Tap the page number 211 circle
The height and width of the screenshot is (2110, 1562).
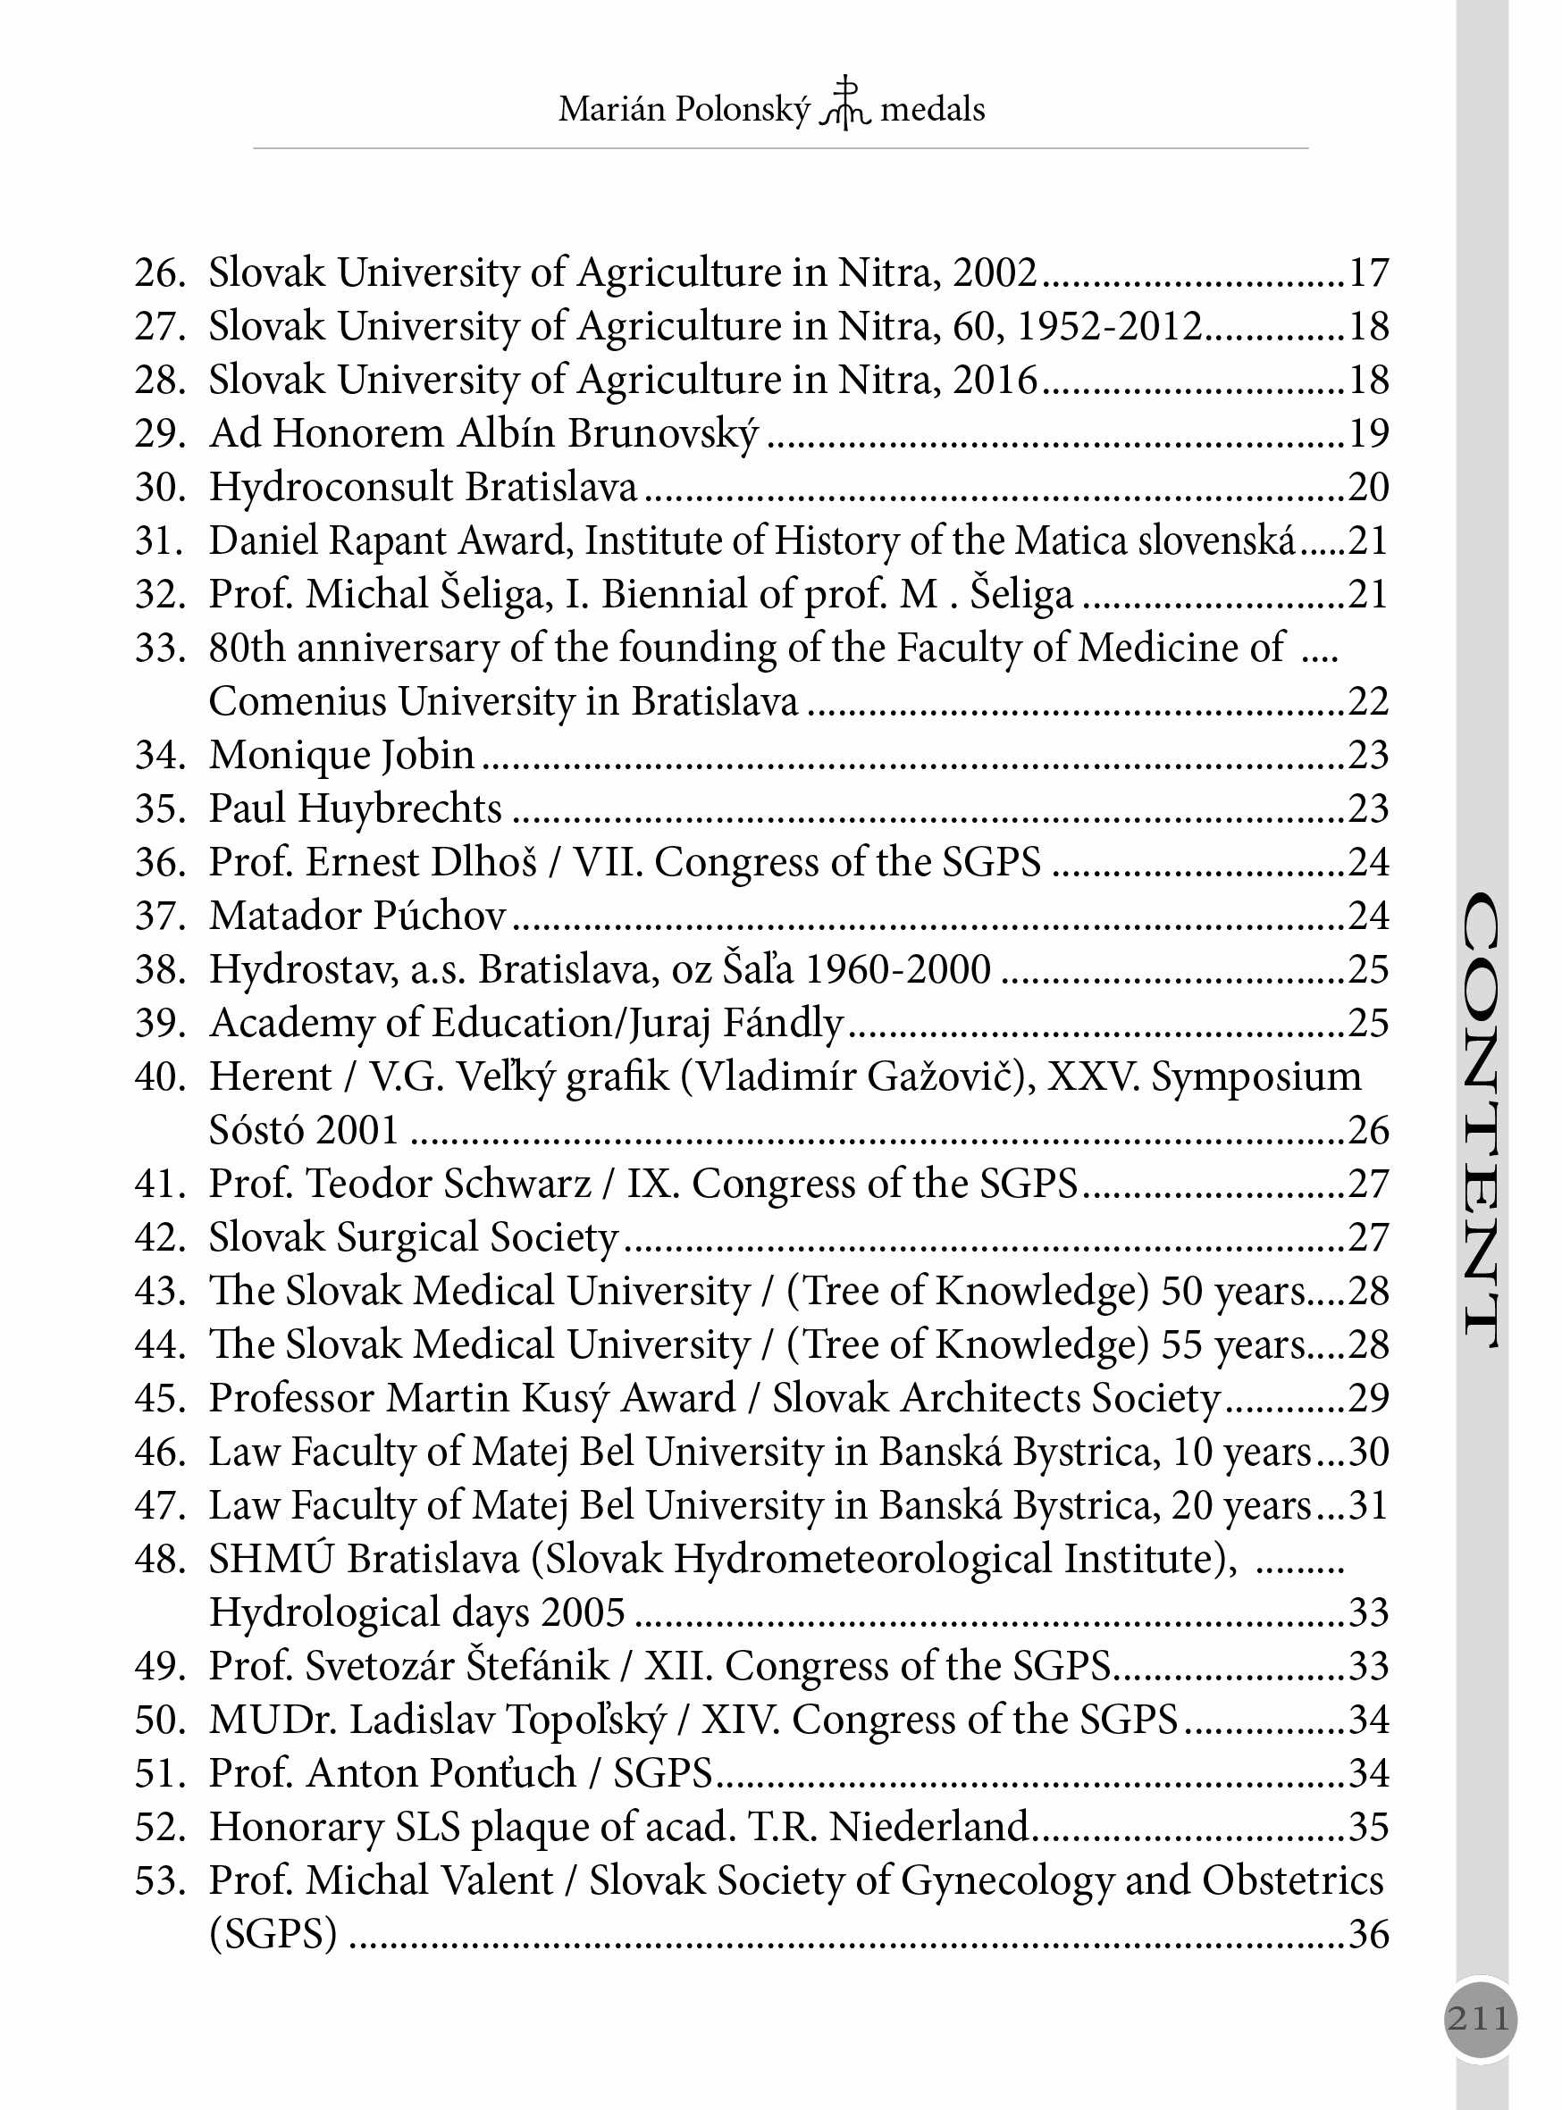coord(1480,2018)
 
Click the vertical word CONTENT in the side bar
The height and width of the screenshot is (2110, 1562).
coord(1481,1119)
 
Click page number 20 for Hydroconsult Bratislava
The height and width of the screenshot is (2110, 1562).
coord(1367,487)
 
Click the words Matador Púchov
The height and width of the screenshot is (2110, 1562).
coord(357,916)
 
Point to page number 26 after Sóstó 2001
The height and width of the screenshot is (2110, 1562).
coord(1367,1131)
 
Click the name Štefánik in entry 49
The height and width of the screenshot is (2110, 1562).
coord(538,1667)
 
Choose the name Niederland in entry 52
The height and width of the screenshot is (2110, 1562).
coord(928,1828)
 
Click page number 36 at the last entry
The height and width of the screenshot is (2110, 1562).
coord(1367,1934)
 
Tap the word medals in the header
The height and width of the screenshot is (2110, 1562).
coord(932,110)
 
